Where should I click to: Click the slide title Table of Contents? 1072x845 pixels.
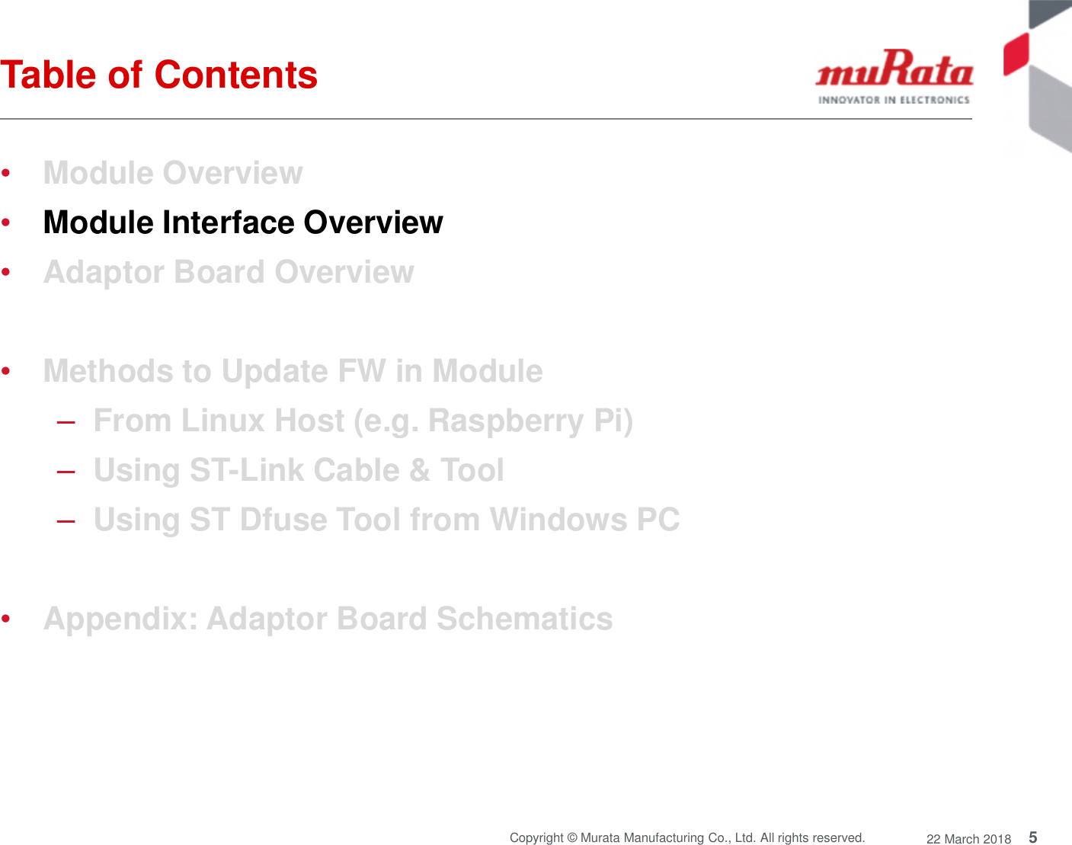pyautogui.click(x=158, y=75)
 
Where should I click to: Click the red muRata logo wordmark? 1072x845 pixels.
pyautogui.click(x=894, y=69)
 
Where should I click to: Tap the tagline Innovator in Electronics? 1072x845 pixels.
pyautogui.click(x=894, y=100)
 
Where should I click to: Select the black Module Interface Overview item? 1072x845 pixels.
pyautogui.click(x=243, y=222)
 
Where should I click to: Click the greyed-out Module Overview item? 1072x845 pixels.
pyautogui.click(x=173, y=173)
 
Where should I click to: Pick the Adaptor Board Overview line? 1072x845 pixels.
pyautogui.click(x=229, y=272)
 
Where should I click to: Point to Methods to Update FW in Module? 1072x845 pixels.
pyautogui.click(x=293, y=371)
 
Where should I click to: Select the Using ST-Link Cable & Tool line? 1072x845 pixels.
pyautogui.click(x=299, y=470)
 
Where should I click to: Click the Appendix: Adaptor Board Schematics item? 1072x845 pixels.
pyautogui.click(x=328, y=619)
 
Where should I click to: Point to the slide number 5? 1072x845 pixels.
pyautogui.click(x=1032, y=837)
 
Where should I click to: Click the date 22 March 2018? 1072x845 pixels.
pyautogui.click(x=968, y=839)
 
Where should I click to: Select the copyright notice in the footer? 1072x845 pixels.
pyautogui.click(x=686, y=837)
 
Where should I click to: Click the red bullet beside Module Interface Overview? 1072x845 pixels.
pyautogui.click(x=6, y=223)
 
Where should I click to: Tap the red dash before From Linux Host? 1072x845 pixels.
pyautogui.click(x=66, y=422)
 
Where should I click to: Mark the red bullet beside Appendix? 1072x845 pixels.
pyautogui.click(x=6, y=619)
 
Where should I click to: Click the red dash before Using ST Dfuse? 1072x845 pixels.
pyautogui.click(x=66, y=521)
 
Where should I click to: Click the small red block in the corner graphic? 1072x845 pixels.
pyautogui.click(x=1016, y=54)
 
